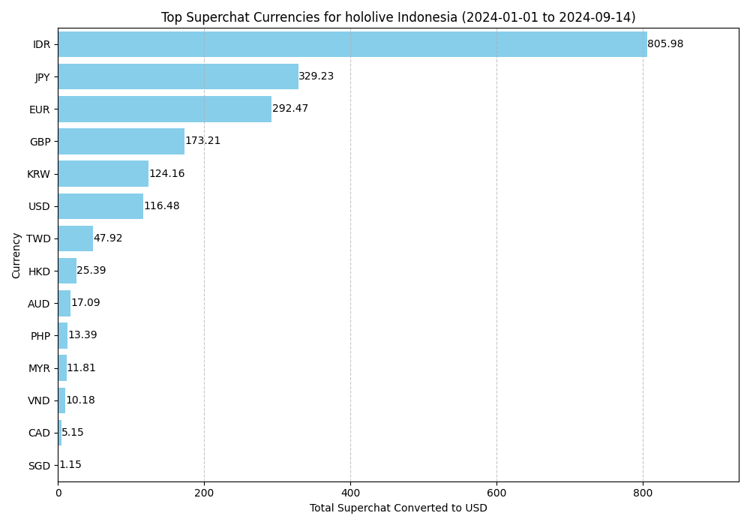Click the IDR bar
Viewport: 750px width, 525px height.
(352, 44)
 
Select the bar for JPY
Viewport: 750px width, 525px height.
(178, 76)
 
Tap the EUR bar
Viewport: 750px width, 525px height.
(164, 109)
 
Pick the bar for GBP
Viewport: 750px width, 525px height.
(121, 141)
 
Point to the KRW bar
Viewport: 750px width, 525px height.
(103, 173)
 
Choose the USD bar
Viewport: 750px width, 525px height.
(100, 206)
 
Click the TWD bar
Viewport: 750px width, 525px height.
(75, 238)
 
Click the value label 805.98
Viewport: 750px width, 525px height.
(665, 44)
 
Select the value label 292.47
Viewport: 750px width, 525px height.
(290, 109)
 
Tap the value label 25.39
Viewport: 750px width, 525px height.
(91, 271)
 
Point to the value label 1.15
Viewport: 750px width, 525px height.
(70, 465)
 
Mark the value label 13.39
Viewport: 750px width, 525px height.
(82, 335)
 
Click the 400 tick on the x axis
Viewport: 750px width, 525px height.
(350, 493)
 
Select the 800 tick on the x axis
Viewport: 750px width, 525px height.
(643, 493)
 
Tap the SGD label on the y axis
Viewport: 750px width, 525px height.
(39, 466)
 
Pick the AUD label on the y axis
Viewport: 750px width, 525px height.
(39, 304)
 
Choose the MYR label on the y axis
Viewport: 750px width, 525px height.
(39, 368)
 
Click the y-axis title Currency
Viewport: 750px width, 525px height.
(16, 255)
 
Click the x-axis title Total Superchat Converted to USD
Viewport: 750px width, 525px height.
(398, 508)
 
